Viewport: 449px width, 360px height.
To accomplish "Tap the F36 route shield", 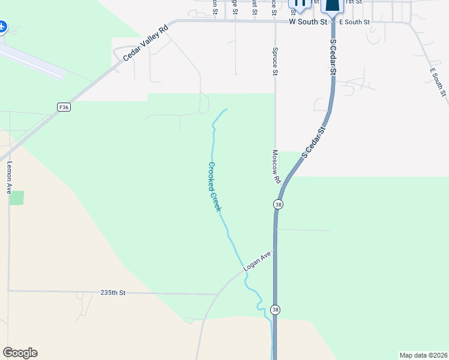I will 65,107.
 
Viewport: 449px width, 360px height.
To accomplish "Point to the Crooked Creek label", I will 215,187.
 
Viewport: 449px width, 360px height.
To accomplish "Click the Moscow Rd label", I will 277,167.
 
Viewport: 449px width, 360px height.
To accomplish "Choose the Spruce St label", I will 275,62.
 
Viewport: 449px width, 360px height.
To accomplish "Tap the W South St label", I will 307,22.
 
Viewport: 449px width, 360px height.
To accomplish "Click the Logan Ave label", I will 258,262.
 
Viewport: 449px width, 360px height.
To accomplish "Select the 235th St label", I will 113,293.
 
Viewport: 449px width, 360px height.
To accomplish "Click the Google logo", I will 20,353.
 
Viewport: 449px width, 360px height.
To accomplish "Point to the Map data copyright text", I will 423,355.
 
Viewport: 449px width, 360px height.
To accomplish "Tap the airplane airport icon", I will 2,27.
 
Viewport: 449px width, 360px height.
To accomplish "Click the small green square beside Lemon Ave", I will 17,198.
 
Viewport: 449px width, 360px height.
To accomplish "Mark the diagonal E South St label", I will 438,82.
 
